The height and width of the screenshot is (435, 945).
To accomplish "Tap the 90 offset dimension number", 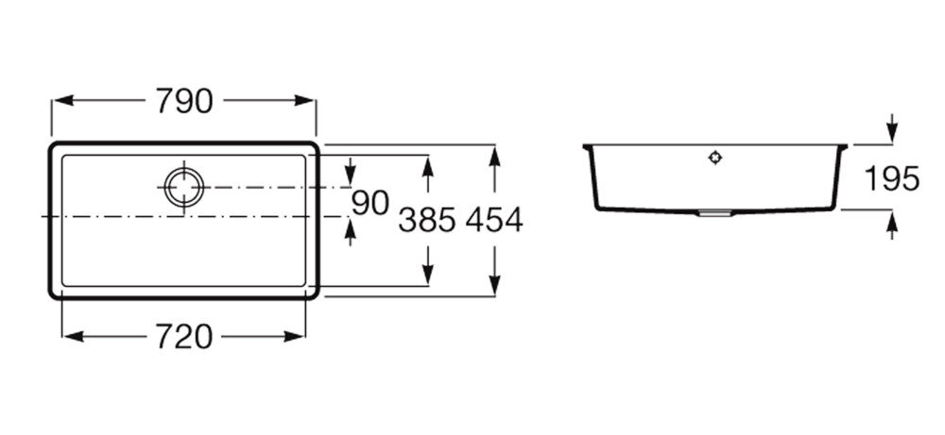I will click(370, 203).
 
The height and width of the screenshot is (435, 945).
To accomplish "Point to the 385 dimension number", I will click(427, 220).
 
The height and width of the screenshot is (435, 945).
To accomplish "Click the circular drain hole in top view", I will click(182, 187).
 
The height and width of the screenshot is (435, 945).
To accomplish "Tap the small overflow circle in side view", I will click(715, 158).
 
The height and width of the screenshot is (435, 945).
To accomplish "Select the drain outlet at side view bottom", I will click(714, 214).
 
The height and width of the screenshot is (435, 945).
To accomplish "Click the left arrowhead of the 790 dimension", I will click(57, 101).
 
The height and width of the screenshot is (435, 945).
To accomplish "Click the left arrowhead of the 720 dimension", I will click(68, 336).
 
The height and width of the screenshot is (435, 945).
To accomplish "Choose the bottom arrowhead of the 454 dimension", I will click(493, 289).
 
